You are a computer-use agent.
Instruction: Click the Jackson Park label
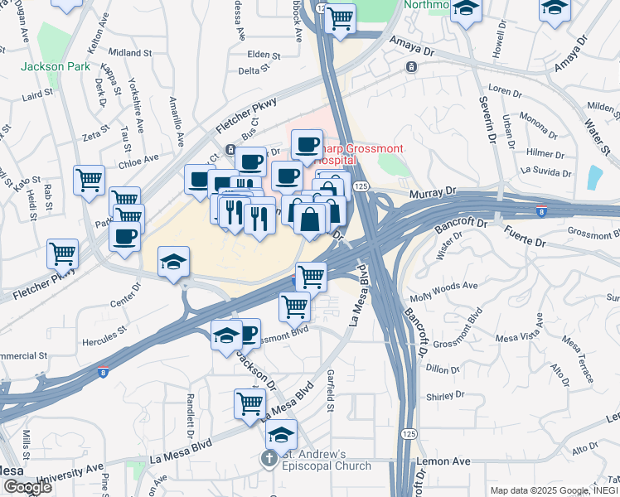pyautogui.click(x=52, y=66)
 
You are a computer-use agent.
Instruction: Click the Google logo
pyautogui.click(x=27, y=487)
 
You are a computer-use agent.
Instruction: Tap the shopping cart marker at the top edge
pyautogui.click(x=340, y=17)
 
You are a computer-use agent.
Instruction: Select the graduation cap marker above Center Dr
pyautogui.click(x=174, y=262)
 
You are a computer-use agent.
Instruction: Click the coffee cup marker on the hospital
pyautogui.click(x=307, y=144)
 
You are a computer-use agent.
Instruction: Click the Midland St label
pyautogui.click(x=127, y=53)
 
